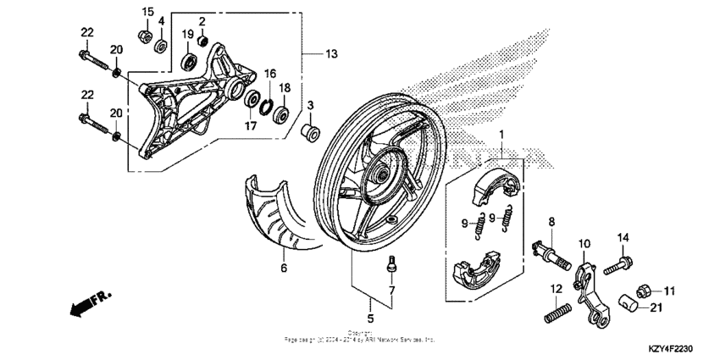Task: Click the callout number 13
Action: [x=330, y=54]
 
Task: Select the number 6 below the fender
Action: [x=284, y=269]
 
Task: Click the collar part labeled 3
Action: [x=309, y=133]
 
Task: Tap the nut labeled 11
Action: [x=643, y=291]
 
